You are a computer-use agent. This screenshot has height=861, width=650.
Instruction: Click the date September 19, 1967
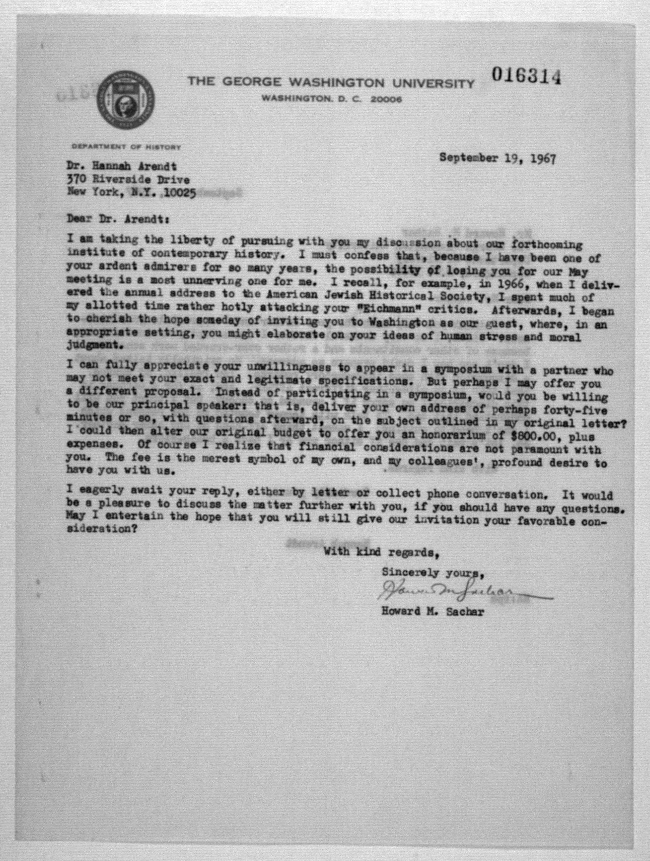coord(497,158)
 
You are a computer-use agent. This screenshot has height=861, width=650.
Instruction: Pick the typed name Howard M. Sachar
coord(433,611)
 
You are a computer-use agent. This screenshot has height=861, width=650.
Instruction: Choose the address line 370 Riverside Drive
coord(128,179)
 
